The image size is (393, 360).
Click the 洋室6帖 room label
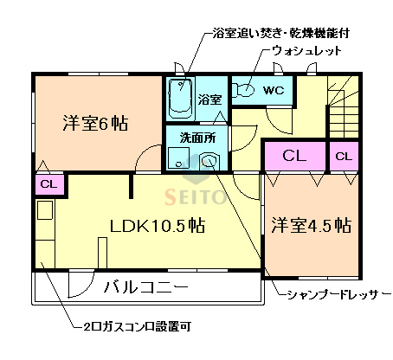95,123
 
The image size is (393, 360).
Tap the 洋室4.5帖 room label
311,226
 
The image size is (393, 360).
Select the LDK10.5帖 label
157,226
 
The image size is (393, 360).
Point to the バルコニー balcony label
146,286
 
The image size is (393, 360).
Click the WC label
274,89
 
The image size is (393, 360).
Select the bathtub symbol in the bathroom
180,98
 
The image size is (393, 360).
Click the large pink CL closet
294,157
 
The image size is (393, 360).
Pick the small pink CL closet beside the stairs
344,157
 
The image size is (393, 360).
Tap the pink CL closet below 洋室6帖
48,183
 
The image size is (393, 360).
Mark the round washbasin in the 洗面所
209,161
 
